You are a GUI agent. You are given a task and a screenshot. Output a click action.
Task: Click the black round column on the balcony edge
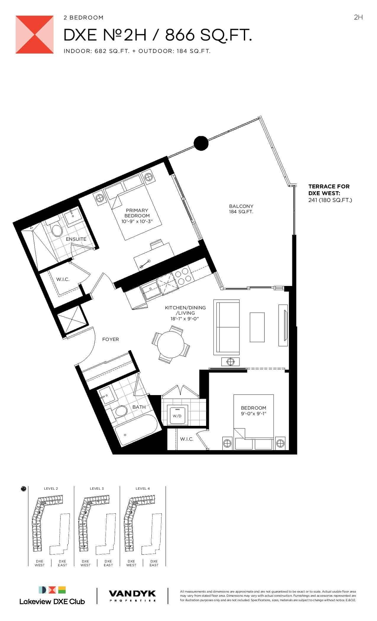click(x=201, y=143)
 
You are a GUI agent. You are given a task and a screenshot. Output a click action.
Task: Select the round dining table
click(x=171, y=345)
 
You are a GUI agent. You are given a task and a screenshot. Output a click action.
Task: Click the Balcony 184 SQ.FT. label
click(x=241, y=209)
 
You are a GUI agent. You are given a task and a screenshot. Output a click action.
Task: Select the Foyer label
click(x=111, y=339)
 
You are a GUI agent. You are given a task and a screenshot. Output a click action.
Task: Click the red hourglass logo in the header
click(x=35, y=35)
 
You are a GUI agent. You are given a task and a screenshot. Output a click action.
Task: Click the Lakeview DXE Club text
click(x=52, y=601)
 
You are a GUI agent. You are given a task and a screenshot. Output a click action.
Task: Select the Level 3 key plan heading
click(x=97, y=489)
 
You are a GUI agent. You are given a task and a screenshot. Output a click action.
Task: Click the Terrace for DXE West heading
click(x=329, y=189)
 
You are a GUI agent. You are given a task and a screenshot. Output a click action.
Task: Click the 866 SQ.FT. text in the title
click(x=208, y=36)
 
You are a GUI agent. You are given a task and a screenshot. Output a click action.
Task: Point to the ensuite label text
click(x=76, y=239)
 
